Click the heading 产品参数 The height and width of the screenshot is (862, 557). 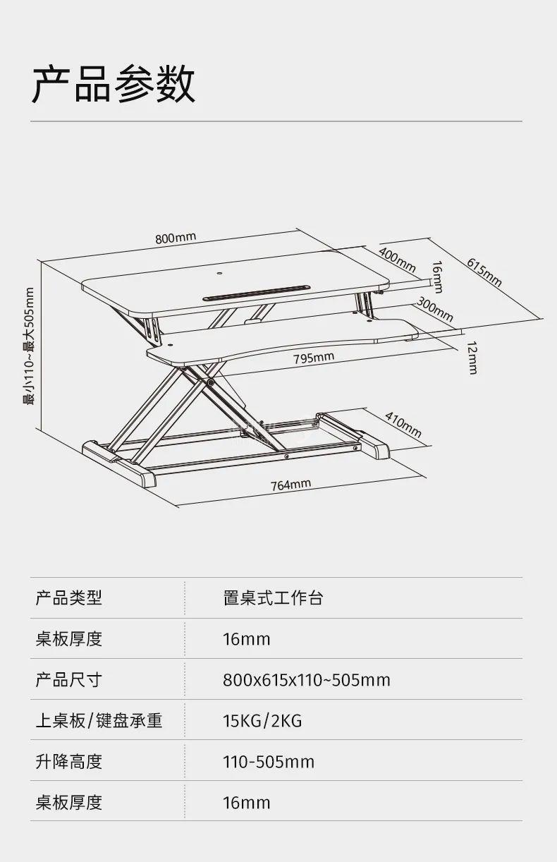pos(113,85)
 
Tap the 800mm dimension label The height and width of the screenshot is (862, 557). pos(176,238)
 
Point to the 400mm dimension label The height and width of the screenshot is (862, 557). pos(397,259)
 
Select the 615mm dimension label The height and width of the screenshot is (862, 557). pos(484,272)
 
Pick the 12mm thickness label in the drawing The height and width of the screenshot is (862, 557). pos(472,357)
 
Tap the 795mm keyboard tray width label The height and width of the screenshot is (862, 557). pos(314,358)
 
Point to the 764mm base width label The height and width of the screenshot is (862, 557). pos(290,485)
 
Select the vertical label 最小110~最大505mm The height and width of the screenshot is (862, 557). pos(29,345)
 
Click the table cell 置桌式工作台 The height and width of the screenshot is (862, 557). pos(273,598)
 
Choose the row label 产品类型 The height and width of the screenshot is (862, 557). pos(69,598)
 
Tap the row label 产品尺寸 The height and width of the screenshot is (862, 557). pos(69,679)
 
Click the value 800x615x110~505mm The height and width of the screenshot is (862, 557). pos(306,680)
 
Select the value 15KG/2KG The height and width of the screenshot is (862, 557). pos(262,721)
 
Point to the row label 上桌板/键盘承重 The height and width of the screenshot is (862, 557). pos(99,720)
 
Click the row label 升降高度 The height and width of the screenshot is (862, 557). pos(69,761)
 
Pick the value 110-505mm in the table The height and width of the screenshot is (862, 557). pos(269,762)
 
